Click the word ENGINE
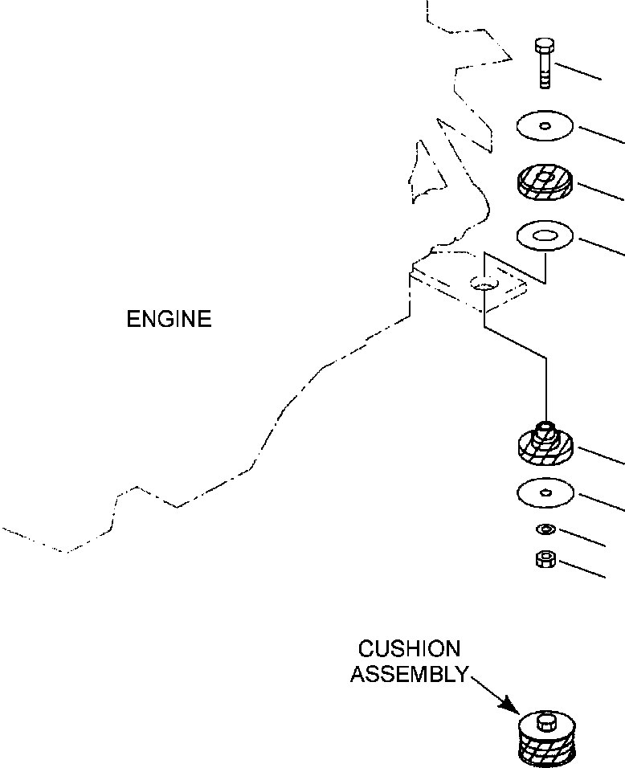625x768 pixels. click(x=169, y=319)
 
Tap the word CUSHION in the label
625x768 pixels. click(x=410, y=649)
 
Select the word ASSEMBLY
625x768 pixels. click(x=410, y=675)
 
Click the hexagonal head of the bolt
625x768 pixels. click(x=545, y=46)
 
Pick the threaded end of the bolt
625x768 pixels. click(x=545, y=79)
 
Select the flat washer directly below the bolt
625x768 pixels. click(x=545, y=125)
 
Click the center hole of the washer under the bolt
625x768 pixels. click(x=545, y=126)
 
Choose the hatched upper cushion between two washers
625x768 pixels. click(x=545, y=182)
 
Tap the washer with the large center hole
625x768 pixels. click(x=545, y=235)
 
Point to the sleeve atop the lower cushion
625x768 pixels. click(x=545, y=434)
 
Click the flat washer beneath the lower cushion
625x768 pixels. click(x=545, y=492)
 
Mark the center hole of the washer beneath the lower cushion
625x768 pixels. click(x=545, y=492)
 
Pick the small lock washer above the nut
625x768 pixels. click(x=545, y=529)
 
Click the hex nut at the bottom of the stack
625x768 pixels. click(x=545, y=559)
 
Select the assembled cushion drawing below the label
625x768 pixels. click(x=546, y=738)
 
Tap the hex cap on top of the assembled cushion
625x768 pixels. click(x=546, y=721)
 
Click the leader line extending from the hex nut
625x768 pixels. click(x=582, y=569)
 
